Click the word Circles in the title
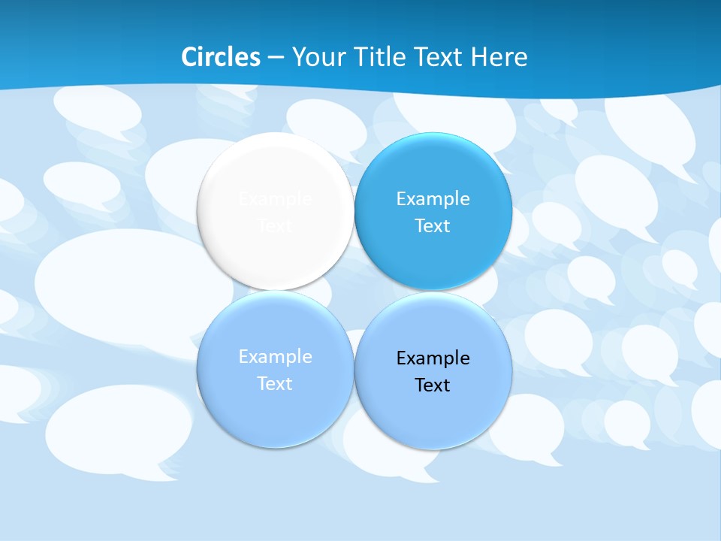221,57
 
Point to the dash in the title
276,58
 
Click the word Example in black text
433,358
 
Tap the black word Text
433,385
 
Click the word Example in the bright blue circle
433,199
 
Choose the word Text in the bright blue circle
433,226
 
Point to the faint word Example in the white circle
275,199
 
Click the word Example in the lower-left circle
275,357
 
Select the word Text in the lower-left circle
275,384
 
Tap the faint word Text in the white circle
275,226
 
